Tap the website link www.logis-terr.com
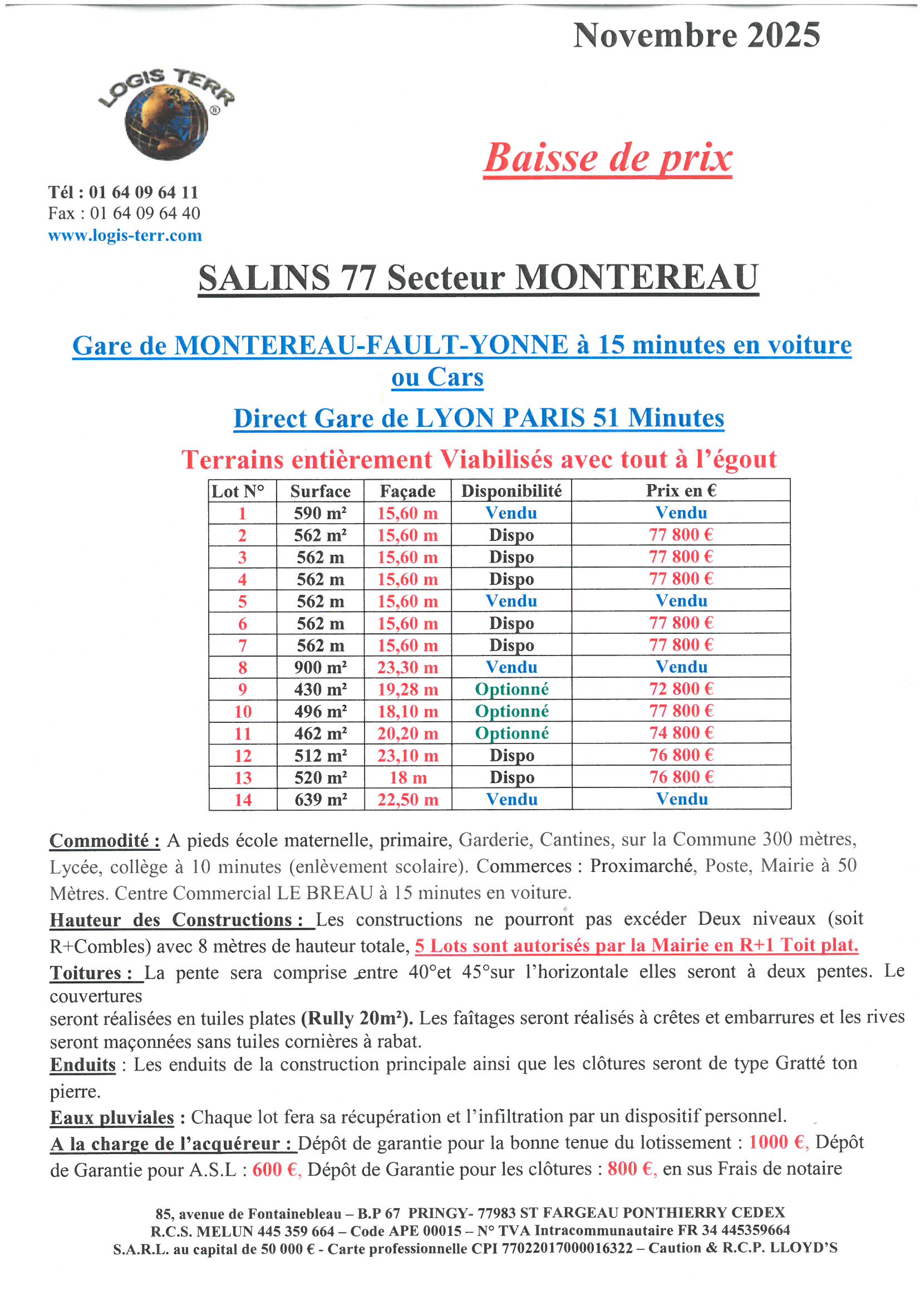(x=125, y=235)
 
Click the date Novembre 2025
(x=696, y=36)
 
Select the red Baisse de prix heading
(x=607, y=158)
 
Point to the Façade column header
(x=407, y=491)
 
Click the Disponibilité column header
(x=511, y=491)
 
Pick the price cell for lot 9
(x=681, y=689)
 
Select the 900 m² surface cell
(x=320, y=667)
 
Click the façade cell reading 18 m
(x=407, y=777)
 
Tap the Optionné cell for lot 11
(x=511, y=733)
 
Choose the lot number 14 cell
(x=243, y=800)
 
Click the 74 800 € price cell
(x=681, y=733)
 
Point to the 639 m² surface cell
(x=320, y=800)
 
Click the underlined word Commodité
(x=104, y=841)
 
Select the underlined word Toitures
(x=91, y=973)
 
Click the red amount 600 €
(x=275, y=1169)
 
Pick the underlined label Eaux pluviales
(x=112, y=1117)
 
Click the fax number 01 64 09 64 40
(x=145, y=214)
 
